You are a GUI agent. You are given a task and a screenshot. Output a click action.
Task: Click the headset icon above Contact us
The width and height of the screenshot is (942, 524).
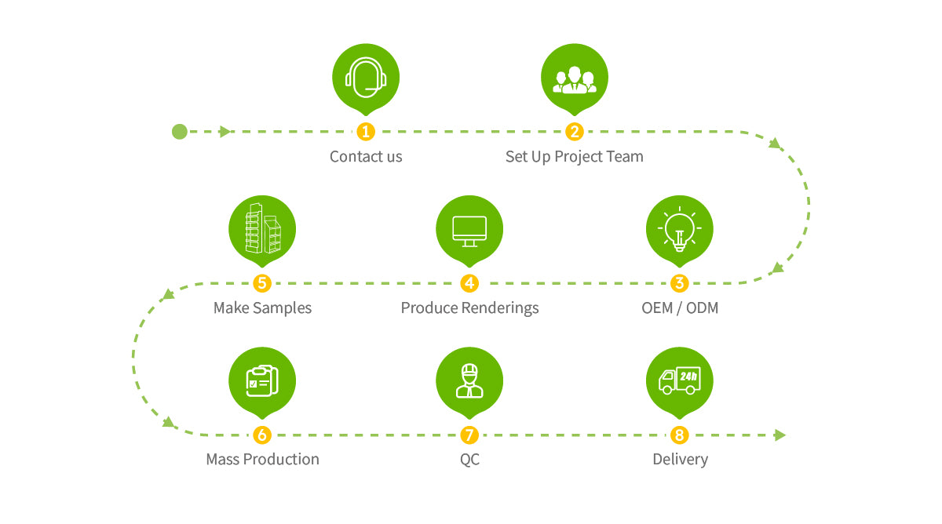pos(366,78)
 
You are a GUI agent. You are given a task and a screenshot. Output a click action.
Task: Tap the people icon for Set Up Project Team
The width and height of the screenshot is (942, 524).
pos(575,77)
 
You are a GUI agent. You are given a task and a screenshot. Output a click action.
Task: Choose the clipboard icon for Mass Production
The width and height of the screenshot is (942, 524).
pos(262,380)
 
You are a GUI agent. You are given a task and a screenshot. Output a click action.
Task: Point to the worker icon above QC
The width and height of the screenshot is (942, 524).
pos(469,380)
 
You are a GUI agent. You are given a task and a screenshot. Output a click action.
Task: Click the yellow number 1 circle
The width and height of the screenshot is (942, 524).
pos(366,132)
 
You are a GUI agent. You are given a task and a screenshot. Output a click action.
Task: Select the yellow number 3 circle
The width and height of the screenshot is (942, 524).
pos(680,283)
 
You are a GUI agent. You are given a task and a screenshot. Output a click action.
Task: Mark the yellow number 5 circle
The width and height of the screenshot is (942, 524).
pos(262,283)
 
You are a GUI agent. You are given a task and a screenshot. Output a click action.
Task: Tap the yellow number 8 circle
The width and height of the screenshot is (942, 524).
pos(680,435)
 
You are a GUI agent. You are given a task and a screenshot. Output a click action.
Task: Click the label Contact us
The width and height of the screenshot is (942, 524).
pos(366,156)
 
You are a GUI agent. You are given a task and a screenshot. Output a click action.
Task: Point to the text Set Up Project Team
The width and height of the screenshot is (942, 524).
pos(575,156)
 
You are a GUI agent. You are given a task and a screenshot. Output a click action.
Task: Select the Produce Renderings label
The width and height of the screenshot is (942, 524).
pos(469,307)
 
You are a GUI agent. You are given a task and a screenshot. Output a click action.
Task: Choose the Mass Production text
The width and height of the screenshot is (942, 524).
pos(262,459)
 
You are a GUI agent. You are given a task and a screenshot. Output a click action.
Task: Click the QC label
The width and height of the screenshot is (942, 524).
pos(469,459)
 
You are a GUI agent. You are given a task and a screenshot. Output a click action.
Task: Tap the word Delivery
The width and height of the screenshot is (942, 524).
pos(680,459)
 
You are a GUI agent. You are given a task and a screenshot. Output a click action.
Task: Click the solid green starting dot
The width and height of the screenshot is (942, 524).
pos(180,132)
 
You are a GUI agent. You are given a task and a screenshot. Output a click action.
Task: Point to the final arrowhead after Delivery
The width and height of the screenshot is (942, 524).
pos(780,435)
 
